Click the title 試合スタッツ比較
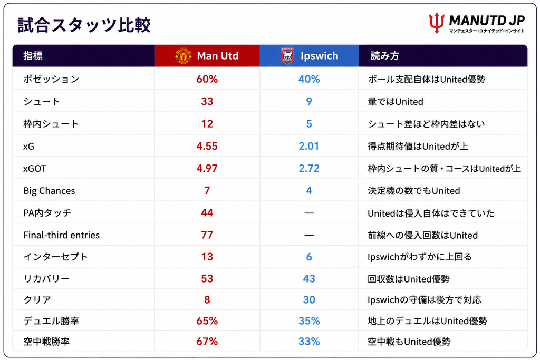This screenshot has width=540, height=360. (84, 25)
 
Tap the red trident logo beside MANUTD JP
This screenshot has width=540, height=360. (437, 23)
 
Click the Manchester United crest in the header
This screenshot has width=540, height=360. (183, 56)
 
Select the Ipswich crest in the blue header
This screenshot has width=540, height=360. (287, 56)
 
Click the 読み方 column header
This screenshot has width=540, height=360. (384, 56)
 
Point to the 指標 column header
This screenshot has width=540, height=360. (33, 56)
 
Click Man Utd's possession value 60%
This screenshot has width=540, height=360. (207, 79)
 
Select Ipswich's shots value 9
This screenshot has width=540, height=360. (309, 102)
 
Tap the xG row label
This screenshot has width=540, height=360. (28, 147)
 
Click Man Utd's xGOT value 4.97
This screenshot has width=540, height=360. (207, 168)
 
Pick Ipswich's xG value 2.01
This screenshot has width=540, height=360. (309, 147)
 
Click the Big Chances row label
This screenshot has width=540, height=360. (49, 191)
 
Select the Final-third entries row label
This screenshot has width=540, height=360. (61, 235)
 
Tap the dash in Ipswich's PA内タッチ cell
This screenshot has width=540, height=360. (309, 213)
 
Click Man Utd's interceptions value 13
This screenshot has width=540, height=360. (207, 257)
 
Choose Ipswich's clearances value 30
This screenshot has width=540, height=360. (309, 300)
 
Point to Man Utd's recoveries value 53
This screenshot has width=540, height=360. (207, 278)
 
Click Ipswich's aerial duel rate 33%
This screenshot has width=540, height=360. (309, 342)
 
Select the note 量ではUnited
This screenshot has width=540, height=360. (396, 102)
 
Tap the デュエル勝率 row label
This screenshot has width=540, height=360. (51, 321)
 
